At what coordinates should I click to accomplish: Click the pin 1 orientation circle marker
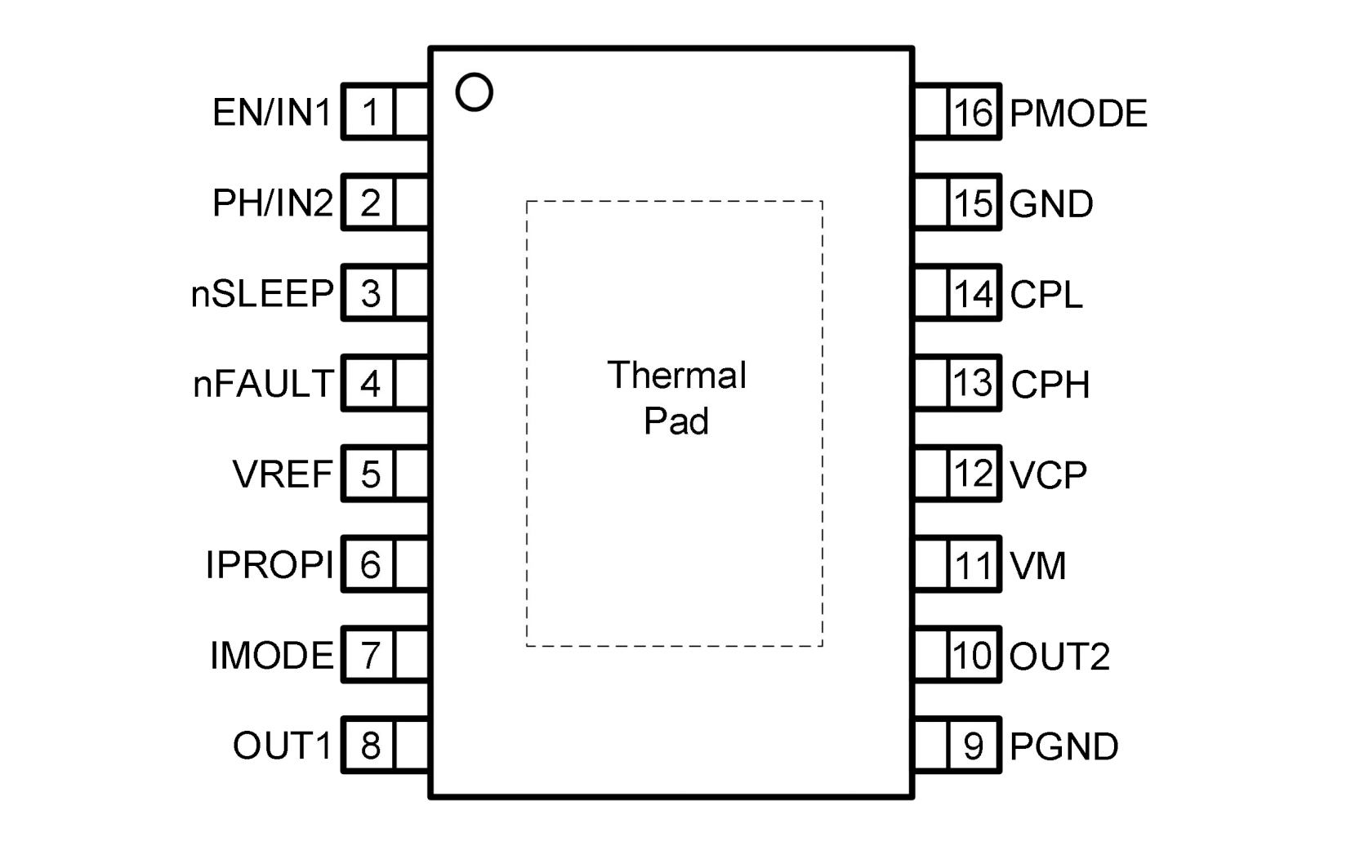(x=474, y=92)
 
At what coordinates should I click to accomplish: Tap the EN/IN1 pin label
(x=272, y=113)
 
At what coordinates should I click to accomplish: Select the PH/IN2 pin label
(x=272, y=203)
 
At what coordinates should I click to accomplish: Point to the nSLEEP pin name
(x=262, y=293)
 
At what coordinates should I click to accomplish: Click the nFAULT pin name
(x=263, y=384)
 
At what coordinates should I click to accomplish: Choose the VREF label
(x=283, y=474)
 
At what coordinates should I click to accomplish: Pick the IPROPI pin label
(x=270, y=565)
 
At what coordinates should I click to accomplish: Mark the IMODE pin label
(x=272, y=656)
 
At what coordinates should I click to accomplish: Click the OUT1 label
(x=283, y=746)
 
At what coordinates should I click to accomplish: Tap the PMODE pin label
(x=1078, y=114)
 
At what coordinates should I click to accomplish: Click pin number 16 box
(x=974, y=113)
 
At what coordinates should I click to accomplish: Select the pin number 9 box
(x=974, y=746)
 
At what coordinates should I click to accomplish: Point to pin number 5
(x=370, y=474)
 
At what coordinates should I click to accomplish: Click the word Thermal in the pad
(x=676, y=376)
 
